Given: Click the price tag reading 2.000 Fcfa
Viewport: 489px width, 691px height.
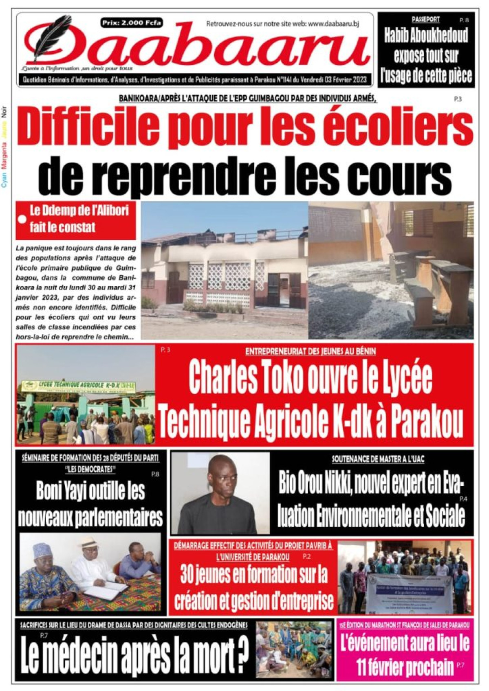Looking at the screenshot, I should [x=132, y=23].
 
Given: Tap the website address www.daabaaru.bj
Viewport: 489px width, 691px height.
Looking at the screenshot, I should [x=333, y=24].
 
